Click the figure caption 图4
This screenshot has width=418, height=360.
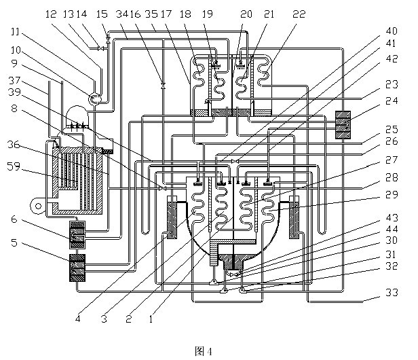[204, 351]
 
